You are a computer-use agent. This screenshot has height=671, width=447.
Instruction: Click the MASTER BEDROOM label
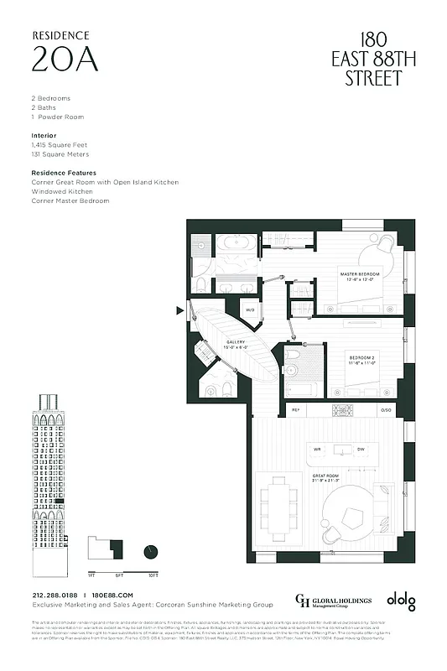point(361,276)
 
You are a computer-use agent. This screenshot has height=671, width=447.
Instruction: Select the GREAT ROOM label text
point(325,477)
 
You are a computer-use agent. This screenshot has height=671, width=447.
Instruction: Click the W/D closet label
point(250,310)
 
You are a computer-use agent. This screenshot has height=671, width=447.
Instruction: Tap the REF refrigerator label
point(295,410)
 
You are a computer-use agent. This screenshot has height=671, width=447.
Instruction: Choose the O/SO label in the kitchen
point(386,410)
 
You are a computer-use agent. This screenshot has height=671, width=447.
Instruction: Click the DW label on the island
point(360,450)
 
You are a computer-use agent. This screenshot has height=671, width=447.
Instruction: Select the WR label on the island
point(317,450)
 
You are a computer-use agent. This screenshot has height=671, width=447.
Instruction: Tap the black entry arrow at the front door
point(179,310)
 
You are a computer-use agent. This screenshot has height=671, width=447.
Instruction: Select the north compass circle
point(151,551)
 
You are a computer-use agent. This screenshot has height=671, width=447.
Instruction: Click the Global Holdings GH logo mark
point(303,600)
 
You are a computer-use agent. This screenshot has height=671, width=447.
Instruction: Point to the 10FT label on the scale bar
point(152,576)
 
